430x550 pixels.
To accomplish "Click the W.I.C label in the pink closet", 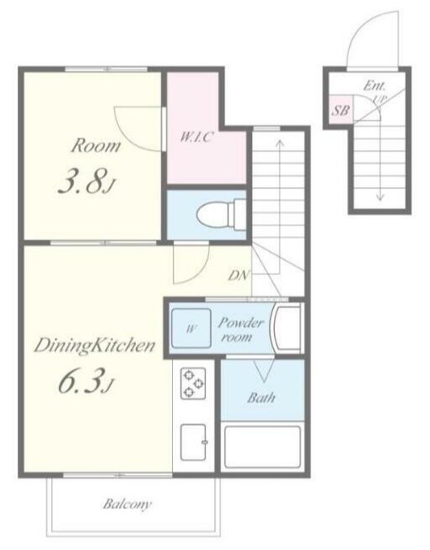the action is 196,137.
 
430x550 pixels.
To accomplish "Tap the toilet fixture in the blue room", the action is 222,214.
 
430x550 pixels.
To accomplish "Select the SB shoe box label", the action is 341,111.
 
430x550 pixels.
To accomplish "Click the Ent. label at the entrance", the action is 374,85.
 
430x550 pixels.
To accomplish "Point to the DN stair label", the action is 239,276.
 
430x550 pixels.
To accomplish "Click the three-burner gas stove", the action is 193,383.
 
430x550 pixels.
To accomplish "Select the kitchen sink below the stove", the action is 193,442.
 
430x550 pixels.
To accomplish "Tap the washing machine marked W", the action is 191,328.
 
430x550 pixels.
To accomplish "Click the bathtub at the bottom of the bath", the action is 262,446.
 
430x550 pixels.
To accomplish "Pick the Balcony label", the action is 127,504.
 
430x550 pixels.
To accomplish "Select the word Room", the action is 95,146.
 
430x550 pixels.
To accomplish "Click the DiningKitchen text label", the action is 94,346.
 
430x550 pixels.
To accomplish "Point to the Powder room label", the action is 239,330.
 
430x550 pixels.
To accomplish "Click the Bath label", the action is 261,398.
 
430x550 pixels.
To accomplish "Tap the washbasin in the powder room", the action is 287,328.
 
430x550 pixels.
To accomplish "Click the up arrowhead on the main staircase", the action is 280,143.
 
